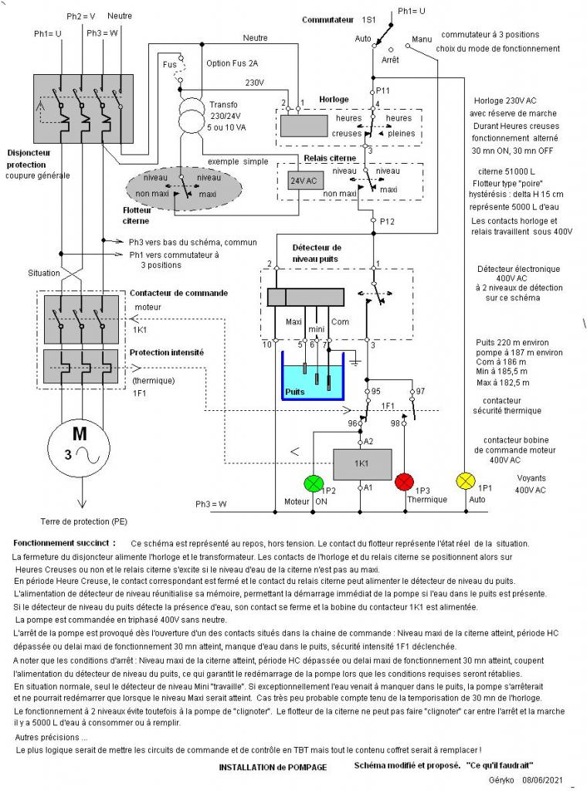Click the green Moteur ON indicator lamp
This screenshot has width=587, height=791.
point(314,482)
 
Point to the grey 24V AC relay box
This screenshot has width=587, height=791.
point(296,181)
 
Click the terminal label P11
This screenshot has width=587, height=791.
point(383,90)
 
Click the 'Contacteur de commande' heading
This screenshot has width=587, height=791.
point(178,293)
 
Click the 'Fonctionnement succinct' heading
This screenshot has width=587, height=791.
point(65,543)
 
